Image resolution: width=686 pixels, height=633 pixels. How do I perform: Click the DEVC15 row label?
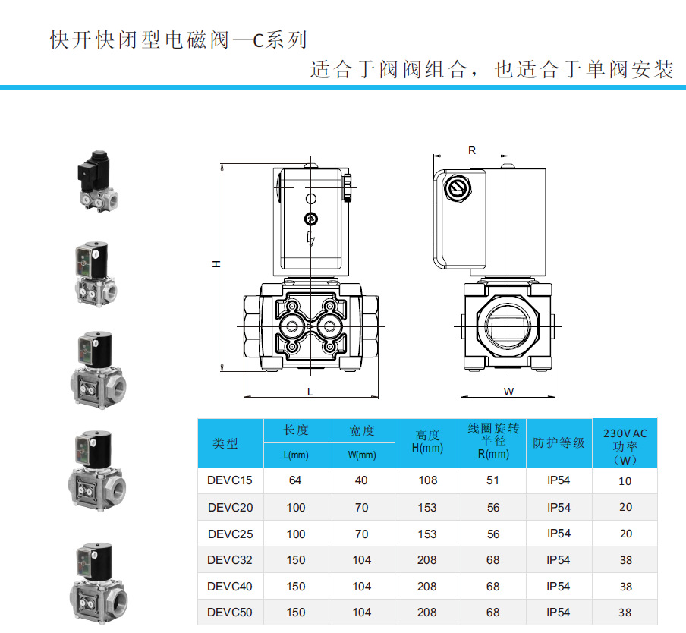(230, 480)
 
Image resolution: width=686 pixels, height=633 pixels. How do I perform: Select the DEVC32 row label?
(230, 560)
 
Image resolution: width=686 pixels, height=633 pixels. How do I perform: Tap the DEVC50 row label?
(230, 613)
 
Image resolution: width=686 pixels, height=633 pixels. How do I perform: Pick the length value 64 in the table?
(296, 480)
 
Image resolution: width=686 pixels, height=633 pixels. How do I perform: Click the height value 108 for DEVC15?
(427, 480)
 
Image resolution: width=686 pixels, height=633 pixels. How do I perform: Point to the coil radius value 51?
(493, 480)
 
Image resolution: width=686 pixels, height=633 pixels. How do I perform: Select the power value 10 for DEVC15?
(625, 480)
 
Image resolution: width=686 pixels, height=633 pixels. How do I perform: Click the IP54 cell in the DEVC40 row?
(559, 587)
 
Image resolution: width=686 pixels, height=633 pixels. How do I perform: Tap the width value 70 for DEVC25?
(362, 534)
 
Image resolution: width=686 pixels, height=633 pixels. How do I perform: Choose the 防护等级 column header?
(559, 442)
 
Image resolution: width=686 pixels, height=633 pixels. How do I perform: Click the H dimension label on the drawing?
(216, 264)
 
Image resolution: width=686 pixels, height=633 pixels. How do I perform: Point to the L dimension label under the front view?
(310, 391)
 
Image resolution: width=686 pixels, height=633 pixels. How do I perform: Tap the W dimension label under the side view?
(509, 392)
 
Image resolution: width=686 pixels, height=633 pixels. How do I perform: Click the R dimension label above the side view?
(471, 150)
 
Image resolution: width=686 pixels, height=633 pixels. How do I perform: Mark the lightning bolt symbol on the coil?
(310, 240)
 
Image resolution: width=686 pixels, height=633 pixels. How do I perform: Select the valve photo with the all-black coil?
(97, 181)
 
